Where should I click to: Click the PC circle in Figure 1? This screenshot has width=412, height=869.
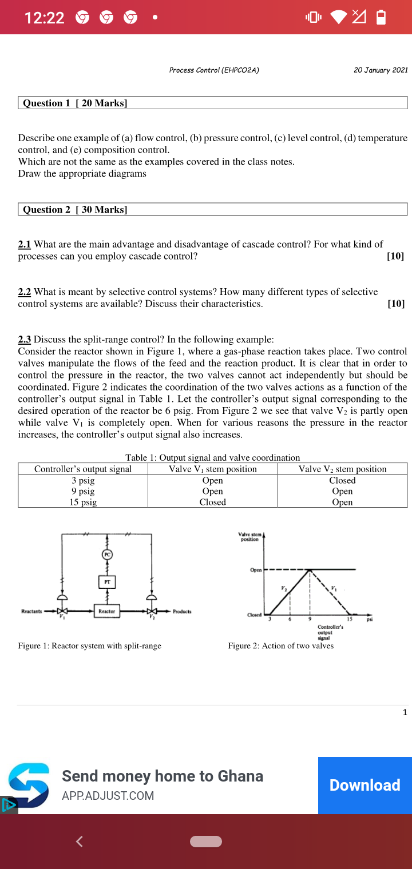click(x=107, y=554)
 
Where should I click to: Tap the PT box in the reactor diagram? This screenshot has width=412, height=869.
click(x=107, y=581)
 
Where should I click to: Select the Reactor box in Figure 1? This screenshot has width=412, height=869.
click(x=107, y=611)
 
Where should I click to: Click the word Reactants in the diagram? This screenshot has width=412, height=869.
click(x=32, y=611)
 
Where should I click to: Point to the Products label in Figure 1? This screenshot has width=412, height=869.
click(x=182, y=611)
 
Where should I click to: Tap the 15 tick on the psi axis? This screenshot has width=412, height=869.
click(x=349, y=619)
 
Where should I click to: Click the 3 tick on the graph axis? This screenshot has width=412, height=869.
click(x=271, y=619)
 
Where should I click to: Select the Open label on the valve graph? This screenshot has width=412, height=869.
click(x=255, y=570)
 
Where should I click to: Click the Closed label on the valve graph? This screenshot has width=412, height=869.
click(x=254, y=615)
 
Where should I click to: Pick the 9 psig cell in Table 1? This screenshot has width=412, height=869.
click(x=83, y=491)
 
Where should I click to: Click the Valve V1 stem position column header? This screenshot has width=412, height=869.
click(x=213, y=469)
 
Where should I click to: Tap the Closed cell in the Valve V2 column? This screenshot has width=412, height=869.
click(x=342, y=480)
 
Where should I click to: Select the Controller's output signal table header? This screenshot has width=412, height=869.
click(x=83, y=469)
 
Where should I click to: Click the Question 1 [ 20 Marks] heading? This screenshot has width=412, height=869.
click(x=75, y=103)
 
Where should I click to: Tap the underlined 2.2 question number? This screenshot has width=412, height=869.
click(x=25, y=292)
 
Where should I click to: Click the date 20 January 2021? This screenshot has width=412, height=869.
click(x=381, y=70)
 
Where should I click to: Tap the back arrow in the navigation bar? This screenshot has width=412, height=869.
click(x=80, y=841)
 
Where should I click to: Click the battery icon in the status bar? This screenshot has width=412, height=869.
click(x=381, y=18)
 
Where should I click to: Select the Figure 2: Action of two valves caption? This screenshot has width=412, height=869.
click(x=280, y=645)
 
